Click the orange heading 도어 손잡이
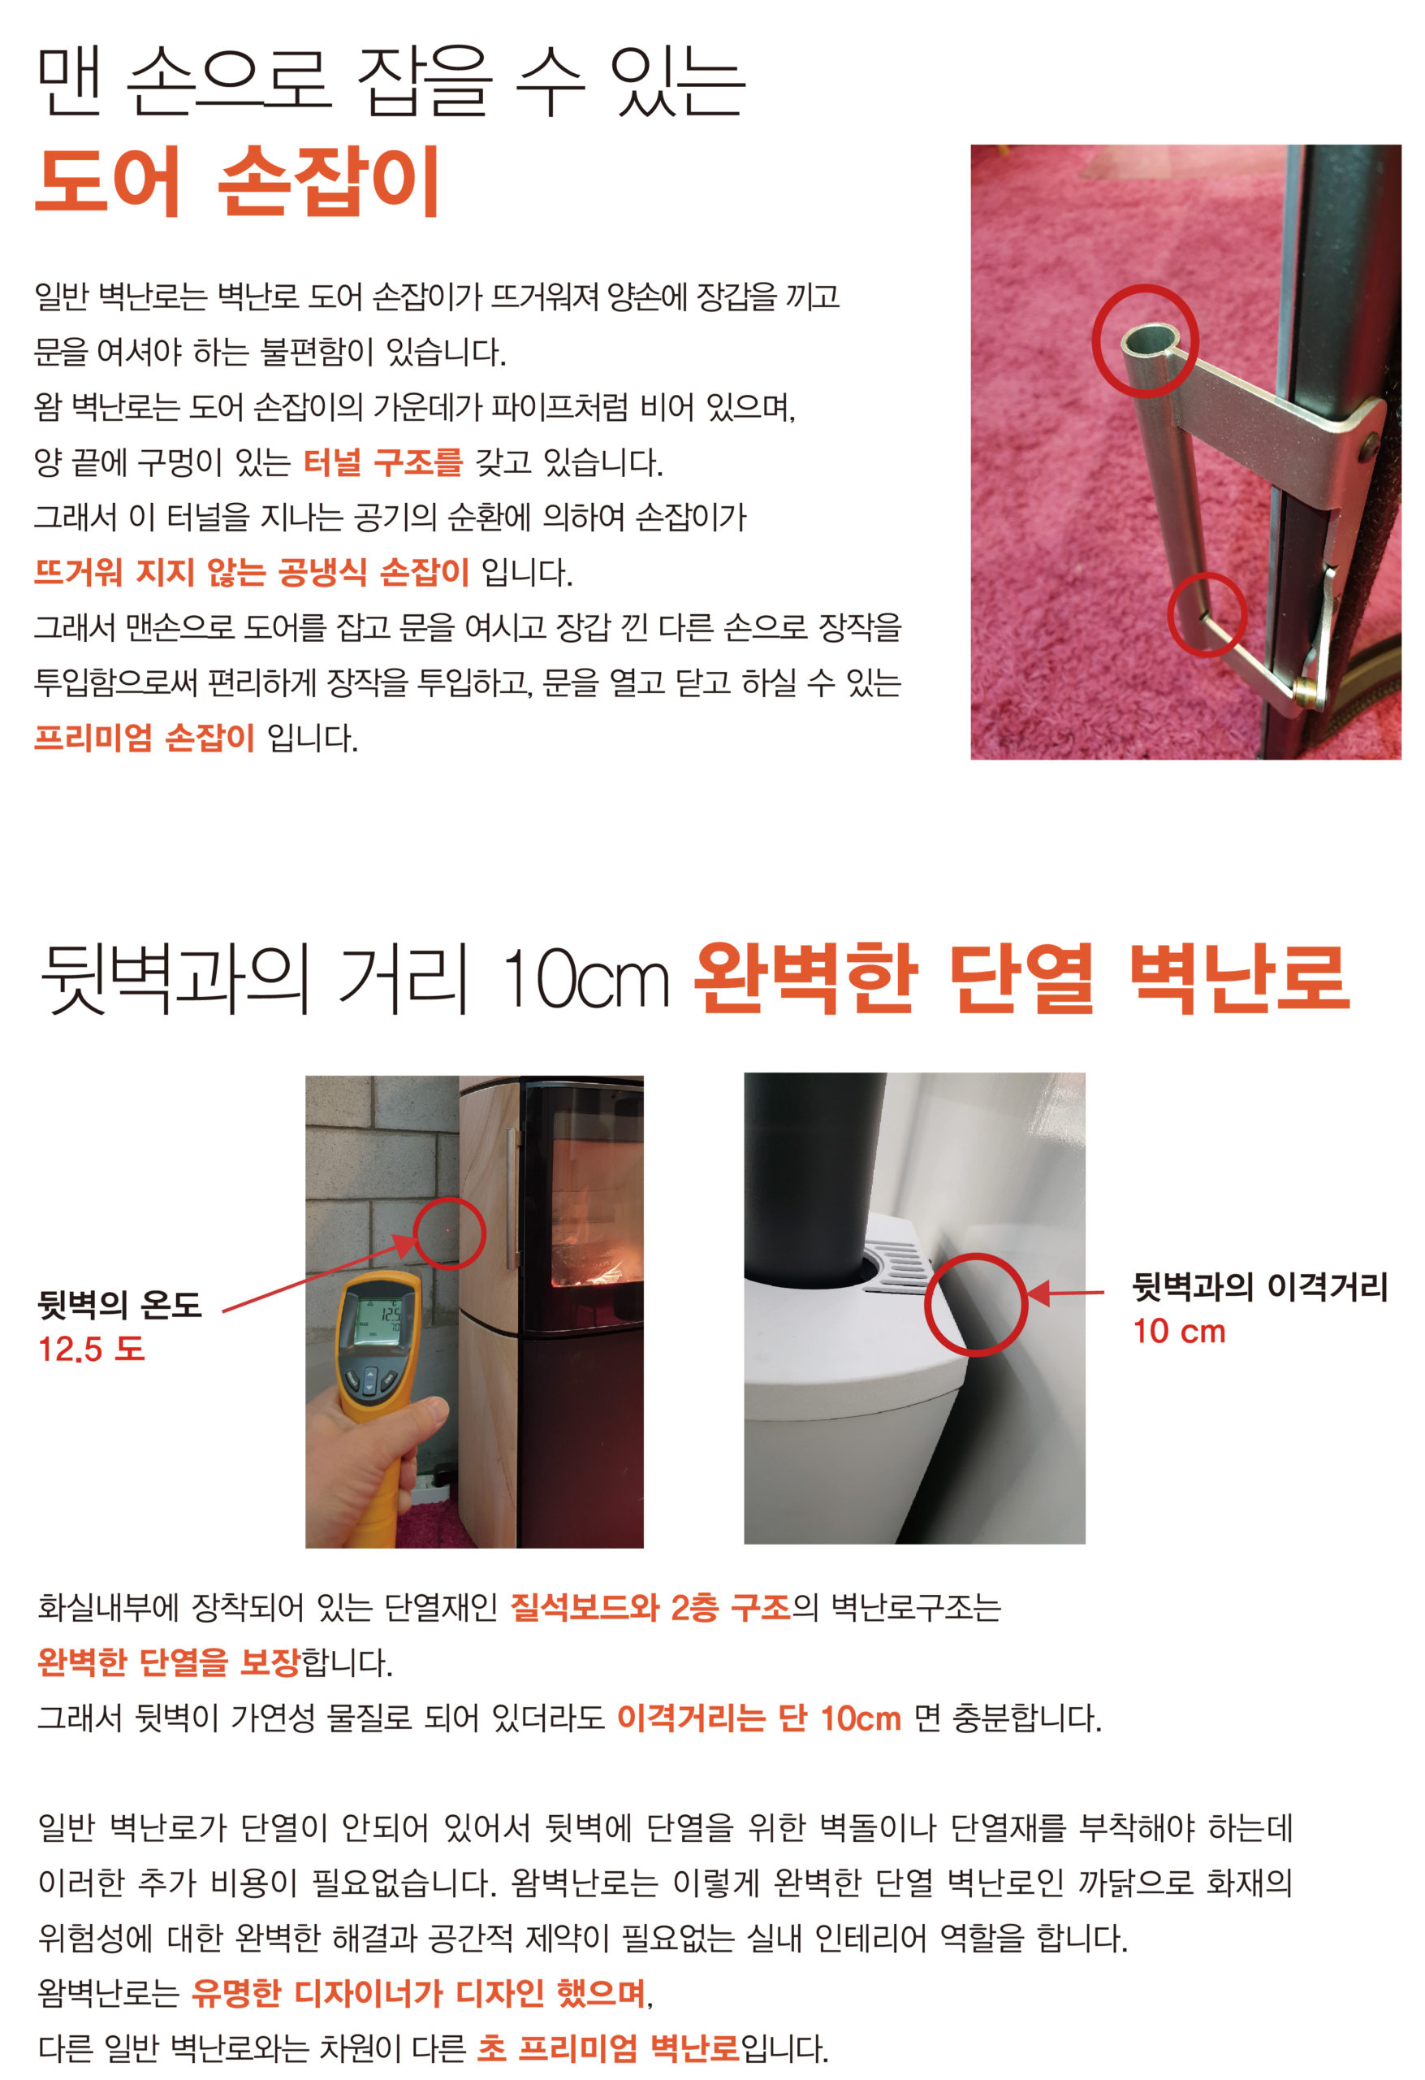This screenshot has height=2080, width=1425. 238,182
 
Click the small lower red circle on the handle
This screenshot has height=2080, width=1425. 1207,615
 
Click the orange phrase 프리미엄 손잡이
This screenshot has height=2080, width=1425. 145,738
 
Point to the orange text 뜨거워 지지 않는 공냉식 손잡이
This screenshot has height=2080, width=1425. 252,572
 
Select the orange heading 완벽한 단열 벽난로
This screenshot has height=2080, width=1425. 1021,979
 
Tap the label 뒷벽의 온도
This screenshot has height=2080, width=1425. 119,1304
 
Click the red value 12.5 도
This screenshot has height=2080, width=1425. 91,1349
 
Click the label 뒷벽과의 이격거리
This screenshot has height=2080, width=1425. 1259,1286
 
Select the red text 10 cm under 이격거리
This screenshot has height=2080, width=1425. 1179,1332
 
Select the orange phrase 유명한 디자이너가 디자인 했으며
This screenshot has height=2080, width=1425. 419,1993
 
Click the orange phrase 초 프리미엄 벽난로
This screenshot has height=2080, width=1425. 608,2047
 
